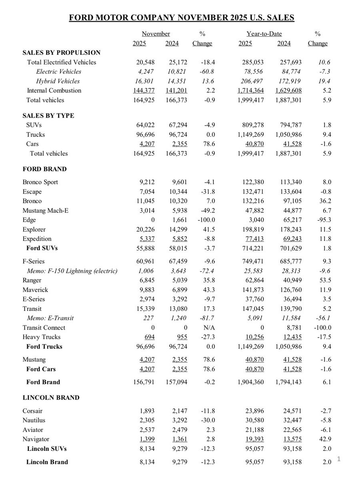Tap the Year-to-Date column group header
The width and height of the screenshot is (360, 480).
tap(264, 34)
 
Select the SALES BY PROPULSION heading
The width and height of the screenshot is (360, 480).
tap(62, 53)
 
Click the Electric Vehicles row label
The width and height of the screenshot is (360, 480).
tap(58, 72)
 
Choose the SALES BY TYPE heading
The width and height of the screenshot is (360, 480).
tap(48, 116)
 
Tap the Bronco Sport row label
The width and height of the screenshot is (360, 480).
tap(40, 182)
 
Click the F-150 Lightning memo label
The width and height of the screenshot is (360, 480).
tap(72, 271)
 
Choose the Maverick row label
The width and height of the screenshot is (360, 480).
tap(35, 290)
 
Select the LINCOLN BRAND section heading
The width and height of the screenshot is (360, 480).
tap(51, 398)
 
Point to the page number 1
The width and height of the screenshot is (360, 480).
tap(338, 459)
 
